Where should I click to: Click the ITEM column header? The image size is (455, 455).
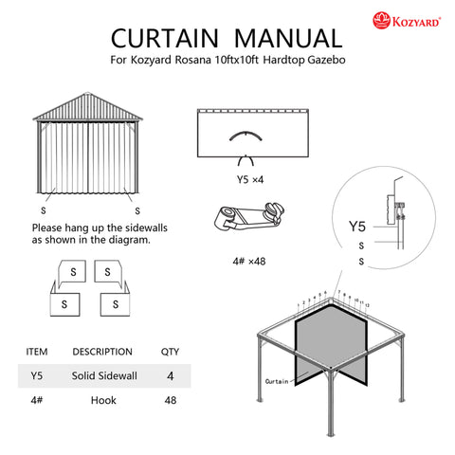(36, 351)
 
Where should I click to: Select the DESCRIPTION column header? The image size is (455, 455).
(102, 351)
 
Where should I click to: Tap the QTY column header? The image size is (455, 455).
(171, 351)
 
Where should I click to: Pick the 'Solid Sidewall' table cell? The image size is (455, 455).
(104, 375)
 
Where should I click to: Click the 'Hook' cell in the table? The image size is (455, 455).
(103, 401)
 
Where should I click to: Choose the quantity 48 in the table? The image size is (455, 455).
(171, 401)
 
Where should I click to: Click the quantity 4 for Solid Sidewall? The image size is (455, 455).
(171, 375)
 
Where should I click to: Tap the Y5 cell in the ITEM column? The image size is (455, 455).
(37, 375)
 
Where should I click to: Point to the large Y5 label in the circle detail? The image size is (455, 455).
(357, 227)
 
